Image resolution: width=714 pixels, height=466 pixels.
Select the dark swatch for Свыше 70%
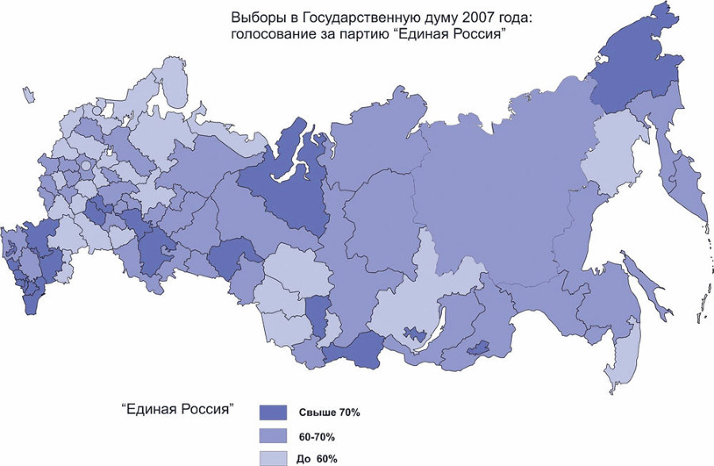273,412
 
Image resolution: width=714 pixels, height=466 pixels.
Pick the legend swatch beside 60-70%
273,435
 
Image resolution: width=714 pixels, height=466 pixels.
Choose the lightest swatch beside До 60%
273,457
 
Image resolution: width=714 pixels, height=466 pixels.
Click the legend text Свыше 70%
329,413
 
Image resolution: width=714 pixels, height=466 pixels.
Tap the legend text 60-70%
317,436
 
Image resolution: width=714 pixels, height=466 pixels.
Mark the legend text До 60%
318,458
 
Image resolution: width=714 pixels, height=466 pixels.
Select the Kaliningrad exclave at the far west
29,97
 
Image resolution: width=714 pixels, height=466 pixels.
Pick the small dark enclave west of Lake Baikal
415,334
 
